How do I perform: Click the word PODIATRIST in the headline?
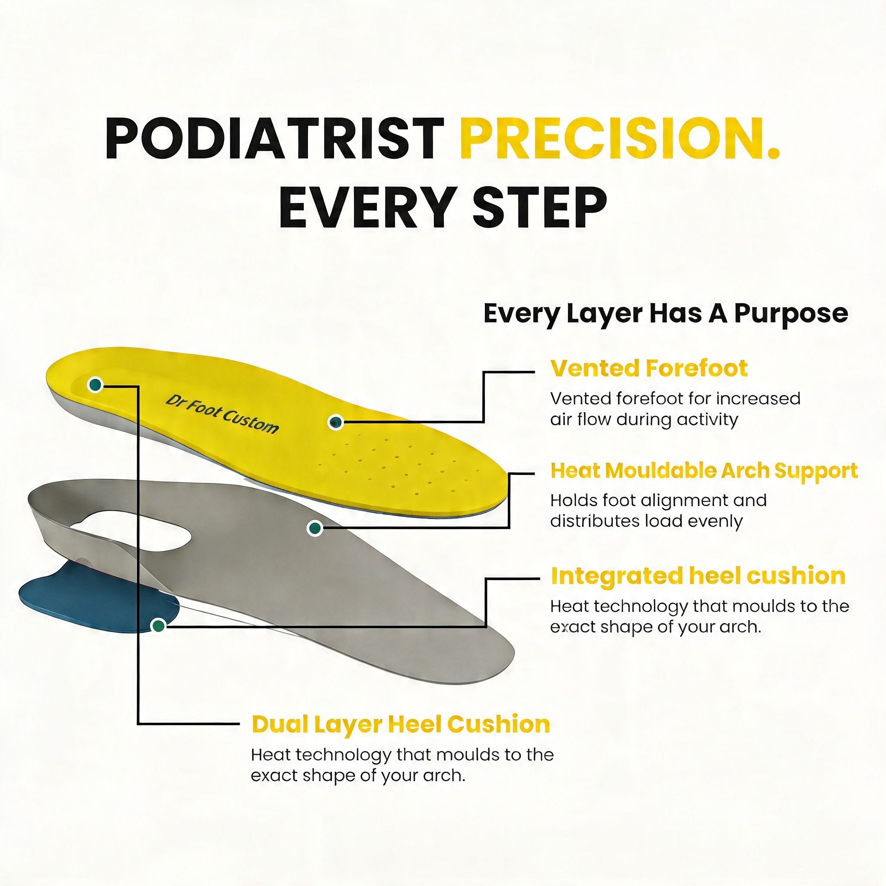[x=274, y=138]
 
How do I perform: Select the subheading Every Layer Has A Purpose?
[x=665, y=314]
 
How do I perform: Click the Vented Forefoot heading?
[x=649, y=369]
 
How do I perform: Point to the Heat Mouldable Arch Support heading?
[x=703, y=471]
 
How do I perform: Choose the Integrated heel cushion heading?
[x=697, y=575]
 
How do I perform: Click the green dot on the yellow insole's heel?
[x=95, y=385]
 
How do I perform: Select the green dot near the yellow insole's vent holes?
[x=336, y=421]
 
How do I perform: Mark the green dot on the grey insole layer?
[x=315, y=528]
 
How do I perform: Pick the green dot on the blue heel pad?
[x=159, y=625]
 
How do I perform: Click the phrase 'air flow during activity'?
[x=644, y=420]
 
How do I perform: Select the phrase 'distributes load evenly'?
[x=646, y=521]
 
